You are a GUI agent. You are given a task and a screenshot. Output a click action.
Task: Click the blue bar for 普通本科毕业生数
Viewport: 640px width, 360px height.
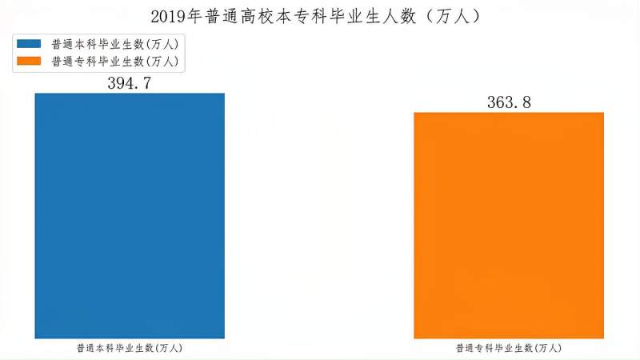tap(130, 216)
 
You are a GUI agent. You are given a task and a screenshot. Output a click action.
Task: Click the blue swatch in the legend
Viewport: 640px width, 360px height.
tap(28, 44)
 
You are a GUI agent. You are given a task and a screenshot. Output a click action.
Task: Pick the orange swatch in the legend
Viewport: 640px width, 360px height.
tap(28, 61)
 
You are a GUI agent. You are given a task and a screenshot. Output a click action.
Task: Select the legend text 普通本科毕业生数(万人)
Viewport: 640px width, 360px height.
tap(114, 44)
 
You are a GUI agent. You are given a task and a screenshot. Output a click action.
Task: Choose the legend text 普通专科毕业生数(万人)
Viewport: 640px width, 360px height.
tap(114, 61)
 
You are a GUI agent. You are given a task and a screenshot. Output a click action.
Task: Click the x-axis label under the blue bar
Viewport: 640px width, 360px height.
tap(130, 349)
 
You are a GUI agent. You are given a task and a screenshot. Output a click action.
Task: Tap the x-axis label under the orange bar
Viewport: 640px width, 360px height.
tap(509, 349)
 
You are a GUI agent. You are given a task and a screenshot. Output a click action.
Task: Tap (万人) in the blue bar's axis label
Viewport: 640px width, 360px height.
tap(169, 349)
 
